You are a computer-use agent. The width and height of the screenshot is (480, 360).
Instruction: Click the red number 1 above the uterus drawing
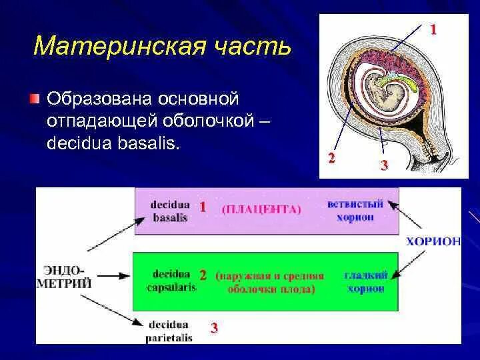pyautogui.click(x=433, y=29)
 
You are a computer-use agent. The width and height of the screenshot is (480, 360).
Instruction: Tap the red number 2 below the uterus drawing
pyautogui.click(x=331, y=158)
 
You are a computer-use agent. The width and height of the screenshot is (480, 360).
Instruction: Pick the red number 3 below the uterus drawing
pyautogui.click(x=384, y=165)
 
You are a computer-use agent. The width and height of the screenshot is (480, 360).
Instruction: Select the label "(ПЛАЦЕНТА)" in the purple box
pyautogui.click(x=261, y=209)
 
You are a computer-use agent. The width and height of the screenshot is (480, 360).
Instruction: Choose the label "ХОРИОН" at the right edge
pyautogui.click(x=433, y=241)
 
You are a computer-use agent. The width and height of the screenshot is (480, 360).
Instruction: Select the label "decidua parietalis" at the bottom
pyautogui.click(x=169, y=331)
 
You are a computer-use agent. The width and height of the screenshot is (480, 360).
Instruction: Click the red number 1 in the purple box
pyautogui.click(x=203, y=207)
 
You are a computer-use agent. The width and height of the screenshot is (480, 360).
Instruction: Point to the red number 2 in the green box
pyautogui.click(x=203, y=275)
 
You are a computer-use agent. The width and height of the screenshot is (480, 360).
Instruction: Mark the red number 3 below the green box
pyautogui.click(x=214, y=327)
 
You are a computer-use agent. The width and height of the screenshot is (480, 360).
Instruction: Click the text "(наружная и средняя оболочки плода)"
pyautogui.click(x=270, y=282)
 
